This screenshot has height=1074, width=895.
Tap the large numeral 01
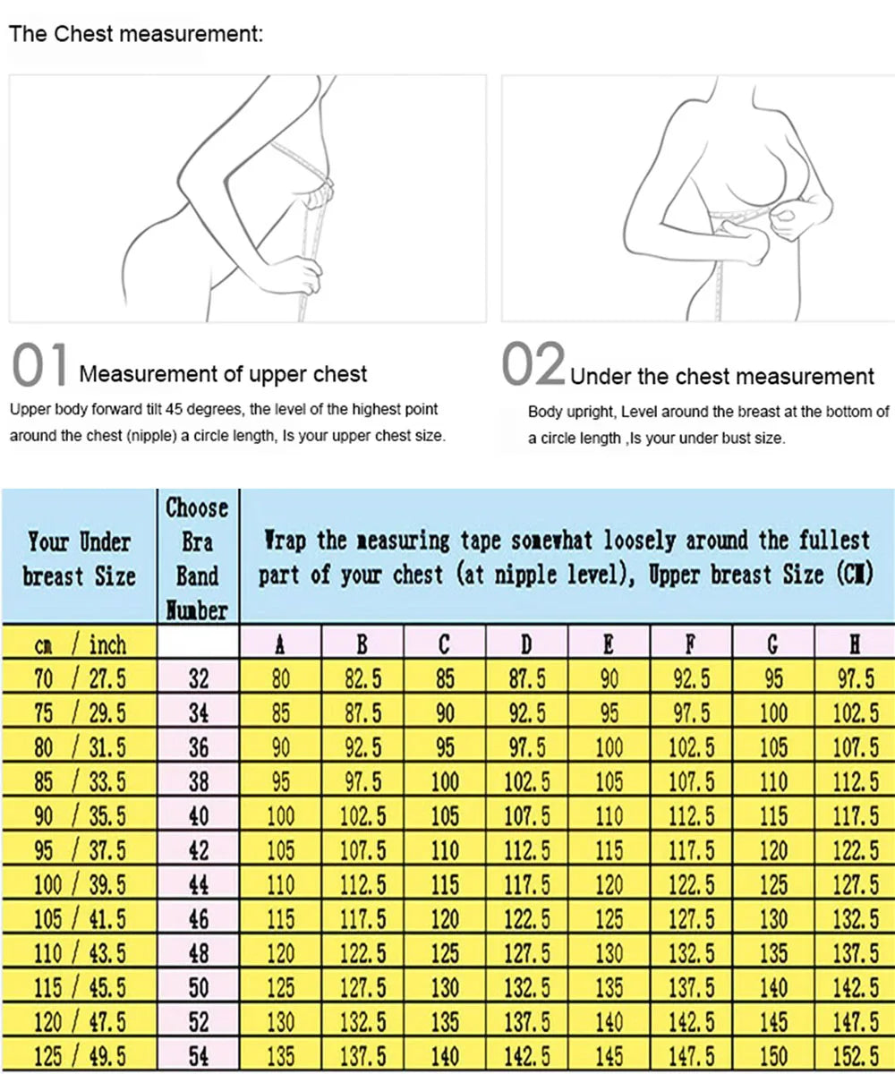click(x=40, y=368)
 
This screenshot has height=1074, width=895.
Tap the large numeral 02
click(x=533, y=368)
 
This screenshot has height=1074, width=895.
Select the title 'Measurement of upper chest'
click(x=223, y=374)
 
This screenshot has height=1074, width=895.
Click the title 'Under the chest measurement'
click(x=721, y=376)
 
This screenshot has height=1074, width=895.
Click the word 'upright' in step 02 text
click(x=592, y=413)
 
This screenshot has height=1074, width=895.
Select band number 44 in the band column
click(x=198, y=885)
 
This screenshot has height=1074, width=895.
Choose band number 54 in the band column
click(x=198, y=1056)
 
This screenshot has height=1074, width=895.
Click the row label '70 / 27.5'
click(x=79, y=678)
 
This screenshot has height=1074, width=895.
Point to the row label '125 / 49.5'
click(x=79, y=1056)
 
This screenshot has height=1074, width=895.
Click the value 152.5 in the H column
click(x=855, y=1056)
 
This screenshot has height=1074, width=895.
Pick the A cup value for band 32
click(x=281, y=678)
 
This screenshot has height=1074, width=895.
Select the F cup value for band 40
click(x=691, y=816)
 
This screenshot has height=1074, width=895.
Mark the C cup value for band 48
click(x=445, y=953)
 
